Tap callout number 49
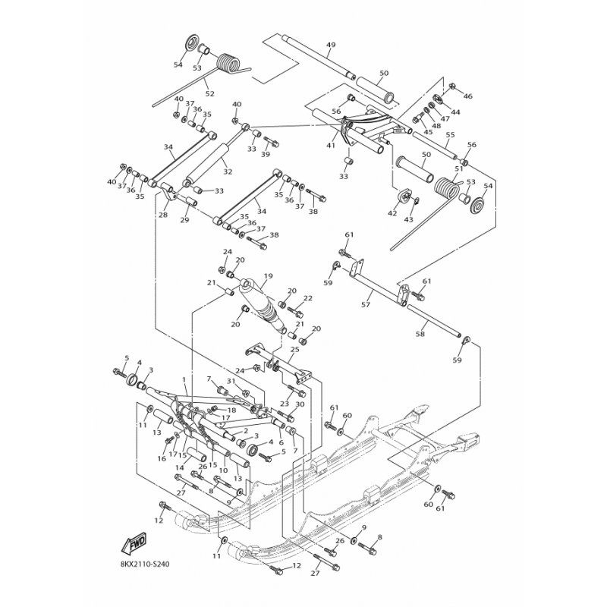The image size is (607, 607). pos(331,46)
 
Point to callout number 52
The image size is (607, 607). pos(209,94)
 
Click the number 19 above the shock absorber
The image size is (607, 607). pos(268,277)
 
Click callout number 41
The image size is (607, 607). pos(331,144)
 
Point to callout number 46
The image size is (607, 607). pos(467,96)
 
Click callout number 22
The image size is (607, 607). pos(308,298)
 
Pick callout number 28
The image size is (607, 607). pos(162,215)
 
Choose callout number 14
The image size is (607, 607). pos(179,468)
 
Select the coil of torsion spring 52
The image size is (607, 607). pos(228,63)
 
